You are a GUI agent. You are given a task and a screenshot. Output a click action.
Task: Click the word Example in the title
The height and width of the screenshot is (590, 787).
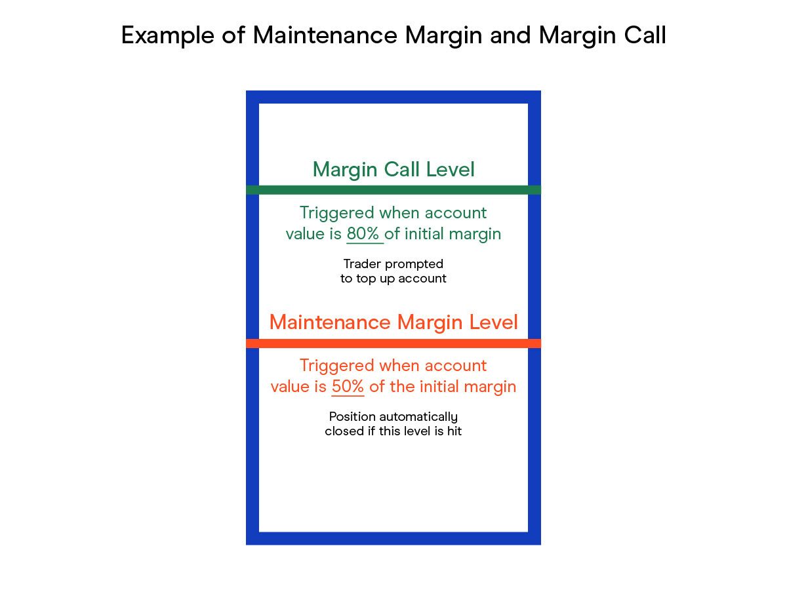(168, 36)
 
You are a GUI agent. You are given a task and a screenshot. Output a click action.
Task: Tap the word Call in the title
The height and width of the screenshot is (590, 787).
(645, 35)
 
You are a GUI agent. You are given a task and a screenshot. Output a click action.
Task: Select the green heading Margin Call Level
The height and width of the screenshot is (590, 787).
(393, 170)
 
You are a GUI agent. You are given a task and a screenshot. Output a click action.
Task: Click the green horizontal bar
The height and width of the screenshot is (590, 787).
(393, 190)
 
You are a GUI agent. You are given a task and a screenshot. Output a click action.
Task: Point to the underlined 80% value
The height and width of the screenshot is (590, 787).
(363, 234)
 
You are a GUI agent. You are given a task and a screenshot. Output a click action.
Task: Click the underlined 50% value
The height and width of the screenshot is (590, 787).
(348, 387)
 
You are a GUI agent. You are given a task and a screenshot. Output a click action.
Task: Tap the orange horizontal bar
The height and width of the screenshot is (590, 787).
(393, 344)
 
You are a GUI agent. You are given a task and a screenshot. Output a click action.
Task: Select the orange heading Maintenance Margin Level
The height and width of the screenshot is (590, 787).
(393, 322)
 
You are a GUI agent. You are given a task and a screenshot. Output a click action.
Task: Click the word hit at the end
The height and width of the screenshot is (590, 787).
(454, 431)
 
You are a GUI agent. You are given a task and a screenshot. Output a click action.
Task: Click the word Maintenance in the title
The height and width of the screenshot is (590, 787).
(325, 35)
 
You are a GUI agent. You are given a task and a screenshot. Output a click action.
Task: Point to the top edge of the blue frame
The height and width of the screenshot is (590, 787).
(393, 97)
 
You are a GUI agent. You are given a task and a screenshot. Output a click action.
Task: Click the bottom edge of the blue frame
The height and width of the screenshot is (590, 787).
(393, 538)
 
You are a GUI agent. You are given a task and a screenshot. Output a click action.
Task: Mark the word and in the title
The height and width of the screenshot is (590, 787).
(510, 35)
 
